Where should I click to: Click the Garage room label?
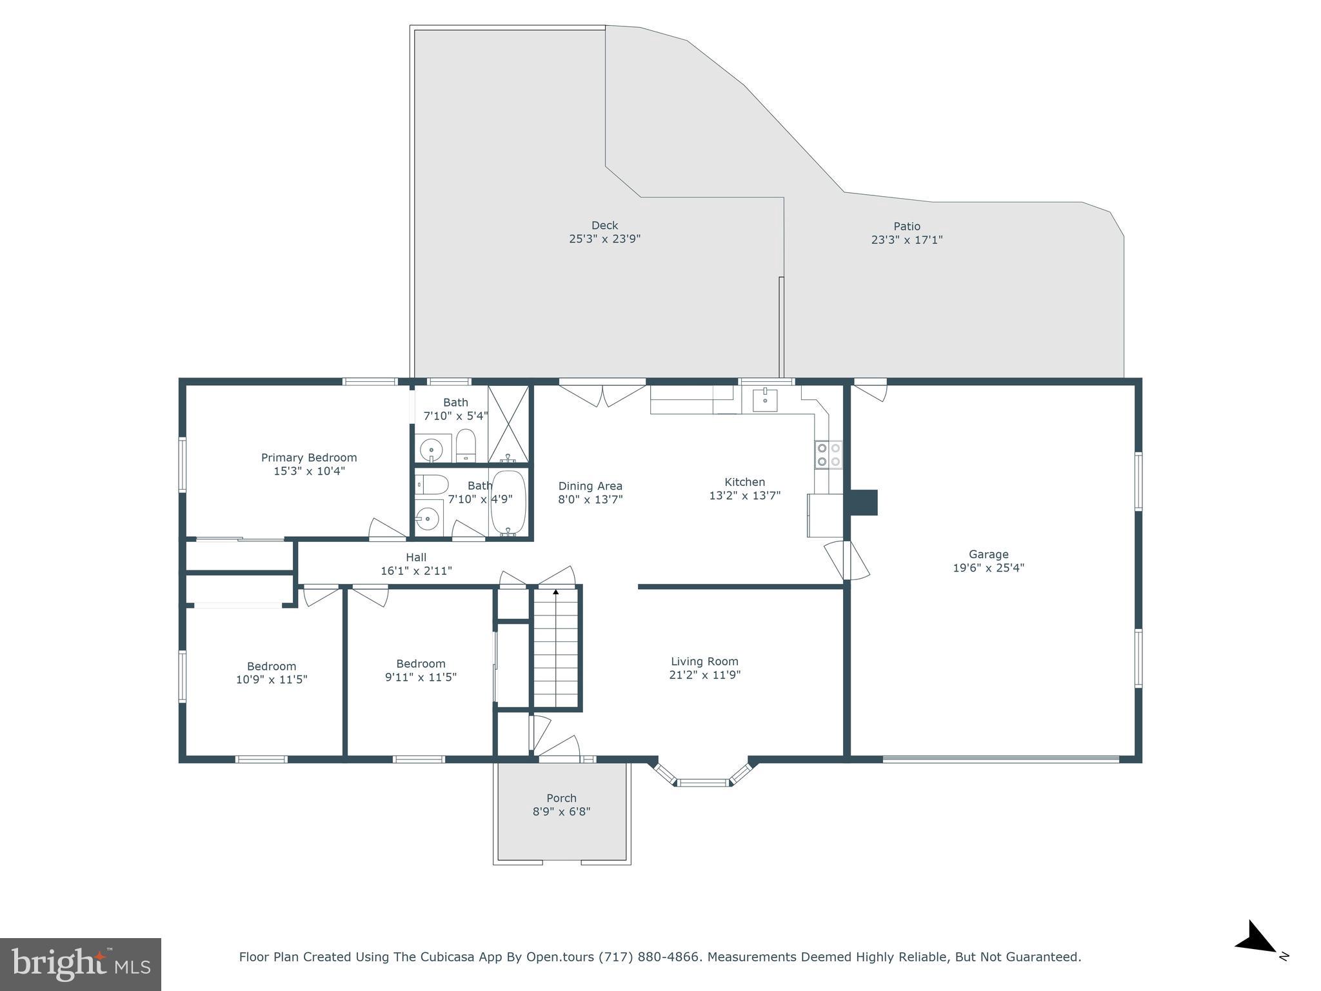click(x=988, y=554)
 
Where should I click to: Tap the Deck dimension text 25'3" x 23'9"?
click(x=604, y=239)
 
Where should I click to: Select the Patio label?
click(x=906, y=226)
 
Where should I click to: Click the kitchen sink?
click(x=764, y=400)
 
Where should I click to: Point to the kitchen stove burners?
click(x=828, y=454)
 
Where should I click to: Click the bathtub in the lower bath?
click(x=508, y=501)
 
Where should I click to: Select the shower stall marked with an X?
click(x=508, y=423)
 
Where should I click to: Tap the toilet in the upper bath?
click(x=466, y=445)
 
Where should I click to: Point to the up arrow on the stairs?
click(x=556, y=592)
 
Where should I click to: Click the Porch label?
click(x=561, y=798)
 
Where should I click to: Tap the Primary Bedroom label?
click(x=309, y=457)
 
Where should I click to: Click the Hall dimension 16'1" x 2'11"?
click(x=416, y=571)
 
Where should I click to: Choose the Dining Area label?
click(x=590, y=486)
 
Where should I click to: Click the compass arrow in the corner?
click(x=1255, y=937)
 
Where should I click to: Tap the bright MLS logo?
click(x=81, y=964)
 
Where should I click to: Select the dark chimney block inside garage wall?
click(x=864, y=503)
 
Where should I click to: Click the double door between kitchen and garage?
click(x=847, y=560)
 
